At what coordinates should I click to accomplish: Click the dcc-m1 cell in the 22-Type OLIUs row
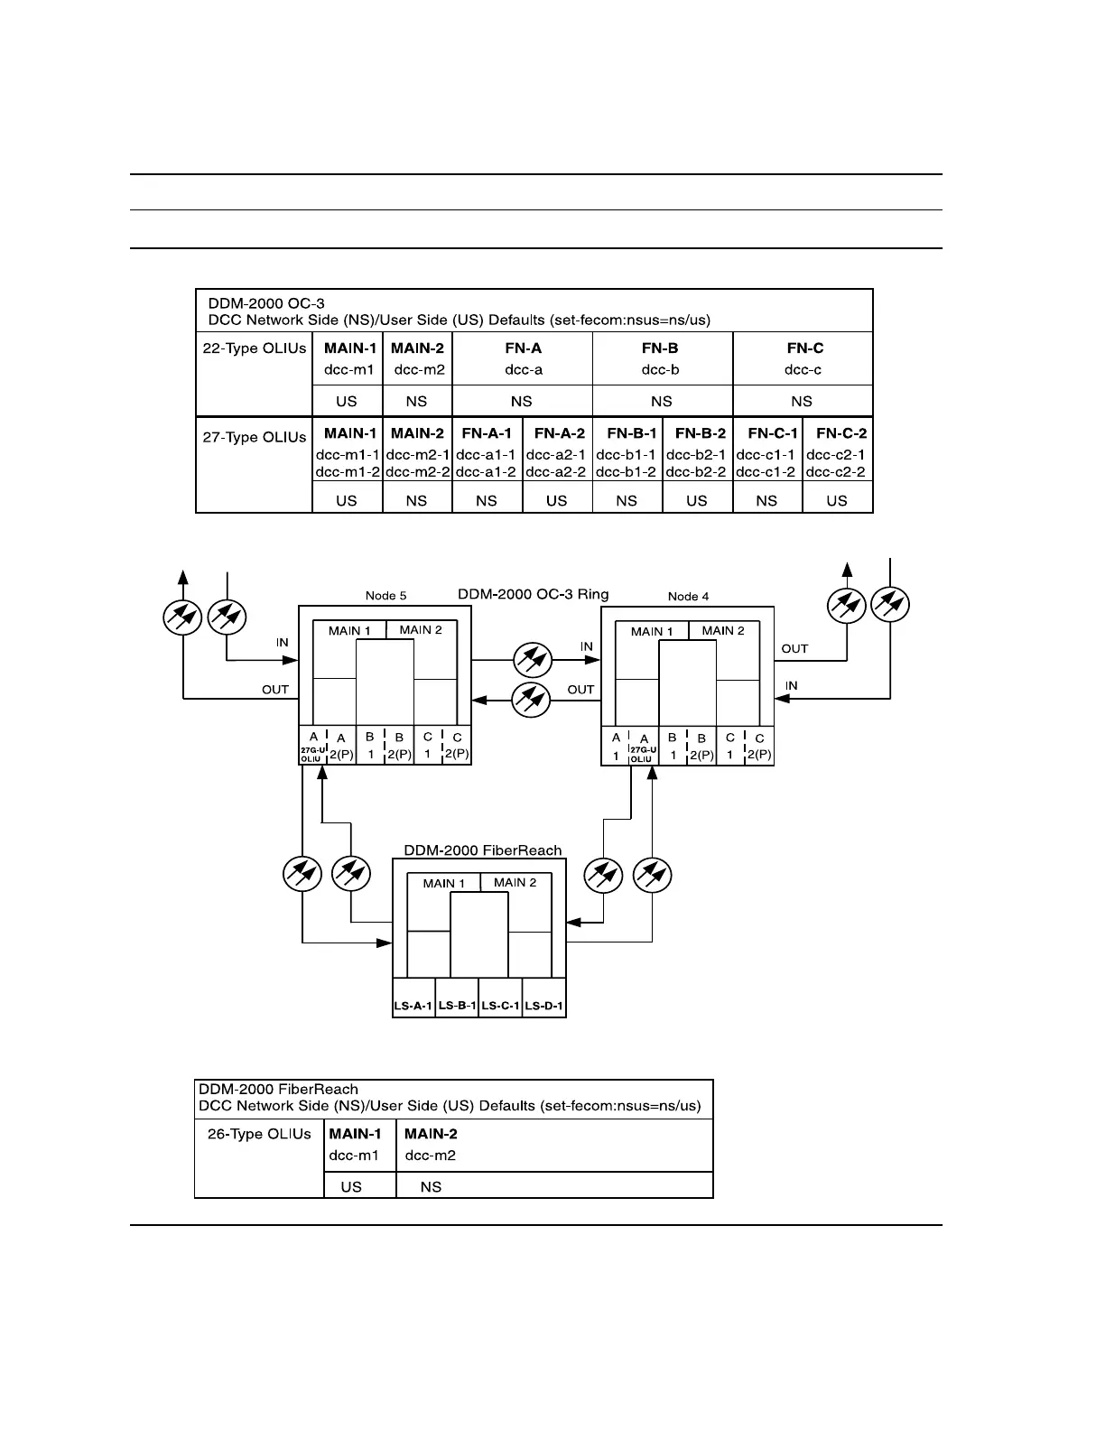click(x=348, y=369)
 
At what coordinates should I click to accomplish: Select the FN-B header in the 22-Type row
click(x=661, y=348)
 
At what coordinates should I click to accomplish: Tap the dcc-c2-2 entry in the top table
click(x=836, y=471)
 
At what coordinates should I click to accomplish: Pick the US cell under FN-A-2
click(x=556, y=500)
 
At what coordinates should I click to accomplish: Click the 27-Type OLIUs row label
click(x=254, y=437)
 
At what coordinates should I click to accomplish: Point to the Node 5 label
click(x=385, y=596)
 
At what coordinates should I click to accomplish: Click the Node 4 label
click(x=688, y=596)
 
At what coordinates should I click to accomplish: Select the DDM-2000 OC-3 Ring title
click(x=533, y=594)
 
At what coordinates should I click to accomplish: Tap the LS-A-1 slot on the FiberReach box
click(x=413, y=1006)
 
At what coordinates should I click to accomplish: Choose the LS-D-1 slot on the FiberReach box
click(x=543, y=1006)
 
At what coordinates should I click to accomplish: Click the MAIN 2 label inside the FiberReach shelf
click(x=515, y=882)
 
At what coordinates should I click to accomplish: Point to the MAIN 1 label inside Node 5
click(x=349, y=630)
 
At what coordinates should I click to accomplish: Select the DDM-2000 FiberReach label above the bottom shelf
click(x=482, y=850)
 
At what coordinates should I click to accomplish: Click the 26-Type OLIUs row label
click(x=259, y=1134)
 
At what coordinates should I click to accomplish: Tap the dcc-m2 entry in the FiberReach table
click(x=430, y=1156)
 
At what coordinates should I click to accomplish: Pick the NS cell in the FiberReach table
click(x=431, y=1186)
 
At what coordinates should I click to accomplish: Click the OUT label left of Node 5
click(x=275, y=689)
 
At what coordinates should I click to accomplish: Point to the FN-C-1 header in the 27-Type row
click(x=766, y=433)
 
